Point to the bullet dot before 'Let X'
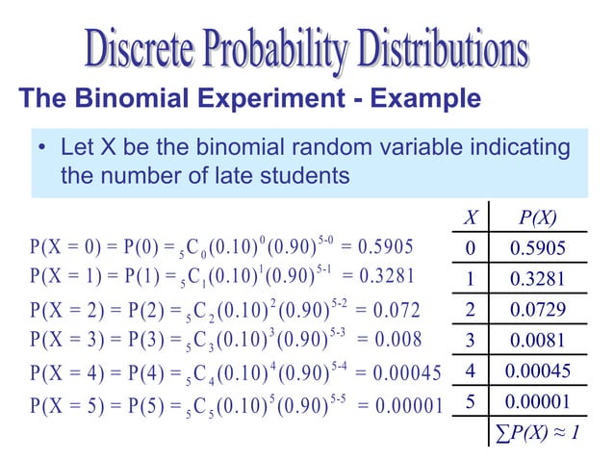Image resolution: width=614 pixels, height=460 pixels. pos(42,150)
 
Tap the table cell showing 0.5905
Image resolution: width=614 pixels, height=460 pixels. pos(537,249)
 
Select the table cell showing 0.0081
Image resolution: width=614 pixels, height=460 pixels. pos(537,340)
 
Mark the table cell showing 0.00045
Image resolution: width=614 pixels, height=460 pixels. pos(539,371)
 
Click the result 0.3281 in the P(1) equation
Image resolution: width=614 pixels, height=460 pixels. pos(385,276)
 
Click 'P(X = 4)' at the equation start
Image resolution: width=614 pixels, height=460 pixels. pos(64,371)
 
